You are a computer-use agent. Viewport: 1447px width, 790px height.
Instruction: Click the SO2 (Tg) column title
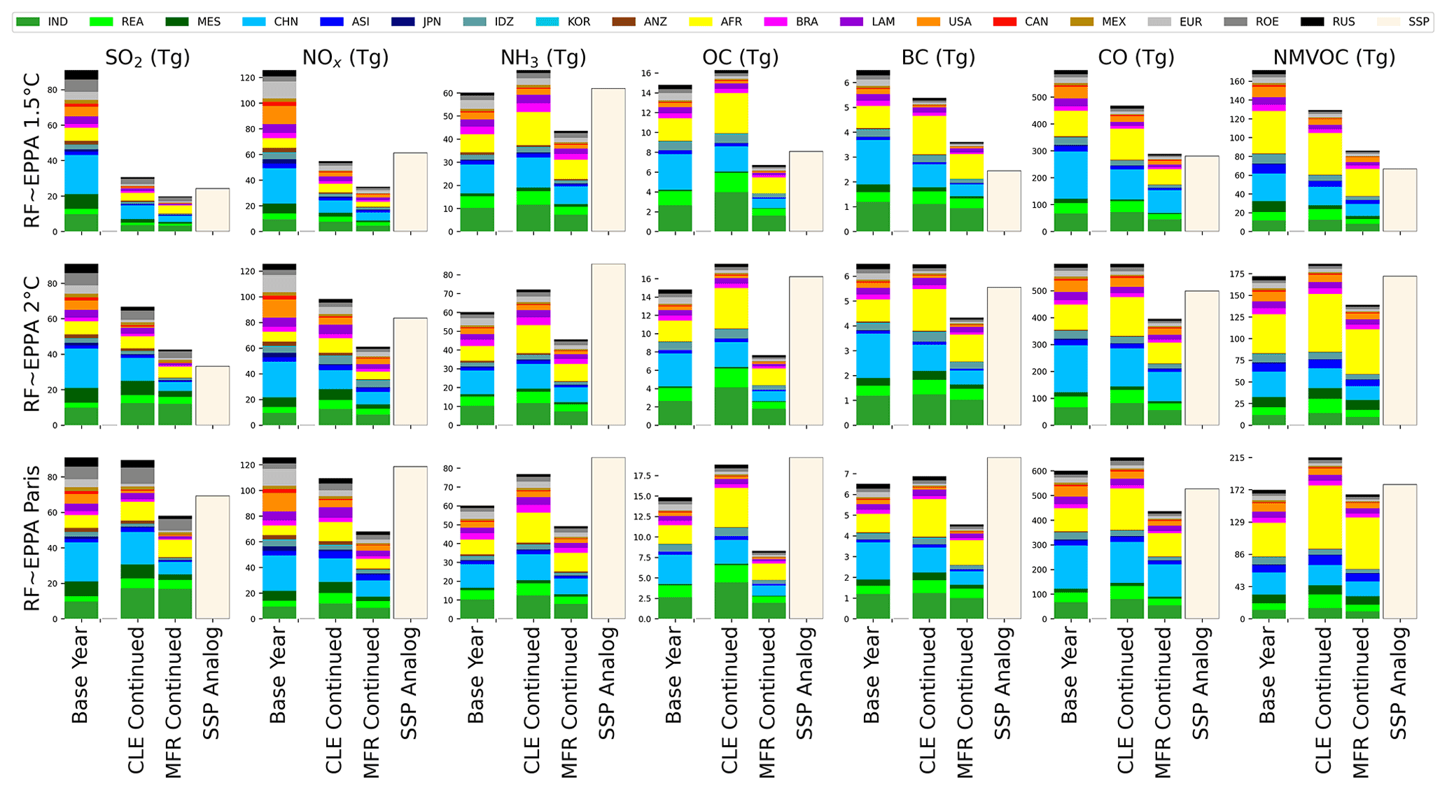point(147,57)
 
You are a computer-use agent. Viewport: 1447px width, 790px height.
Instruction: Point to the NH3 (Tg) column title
point(543,57)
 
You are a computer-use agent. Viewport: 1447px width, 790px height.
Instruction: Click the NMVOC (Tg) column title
point(1334,57)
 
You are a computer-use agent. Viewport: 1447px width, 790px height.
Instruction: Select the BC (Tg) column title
point(938,57)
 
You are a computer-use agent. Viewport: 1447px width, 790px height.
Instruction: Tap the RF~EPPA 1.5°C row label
point(32,150)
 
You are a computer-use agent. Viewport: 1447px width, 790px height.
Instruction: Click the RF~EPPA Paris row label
point(32,539)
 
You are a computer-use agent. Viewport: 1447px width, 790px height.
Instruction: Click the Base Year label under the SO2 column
point(80,675)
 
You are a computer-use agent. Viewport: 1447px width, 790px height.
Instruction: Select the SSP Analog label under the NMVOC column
point(1398,683)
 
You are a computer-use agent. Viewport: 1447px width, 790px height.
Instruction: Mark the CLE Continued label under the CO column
point(1124,700)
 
